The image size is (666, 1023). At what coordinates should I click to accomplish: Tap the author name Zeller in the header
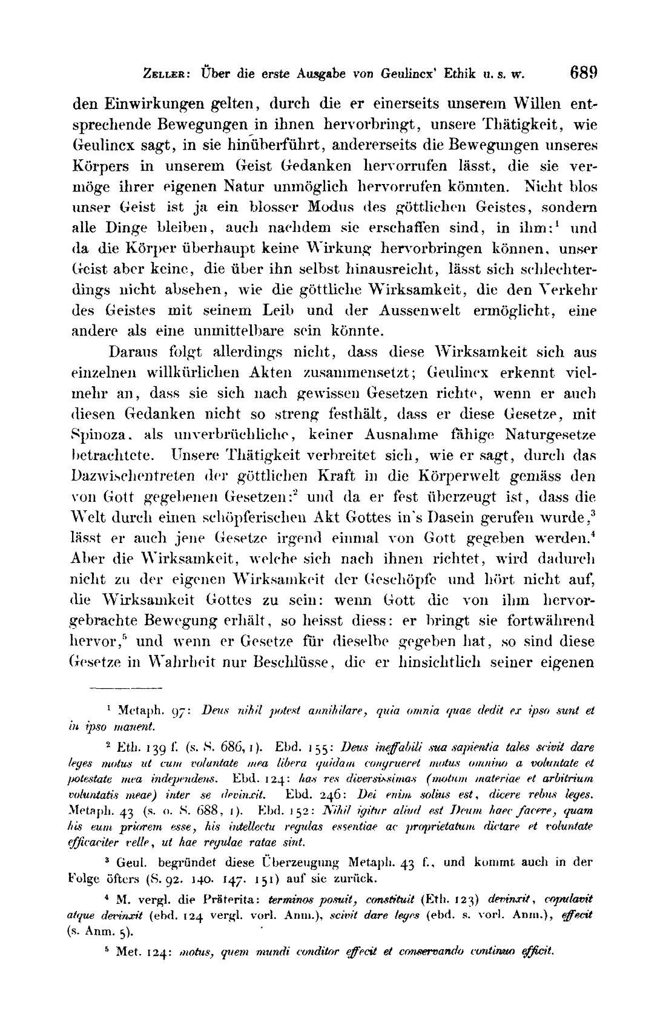tap(159, 75)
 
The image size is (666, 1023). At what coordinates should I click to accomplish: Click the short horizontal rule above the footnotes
tap(126, 689)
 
